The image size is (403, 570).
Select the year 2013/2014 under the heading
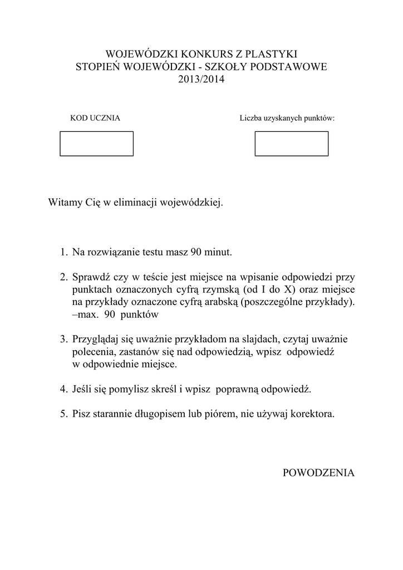pos(201,80)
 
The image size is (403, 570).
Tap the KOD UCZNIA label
pos(95,118)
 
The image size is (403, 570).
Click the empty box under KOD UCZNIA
pos(97,144)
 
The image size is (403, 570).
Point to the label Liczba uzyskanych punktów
pos(287,118)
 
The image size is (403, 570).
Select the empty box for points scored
pos(291,144)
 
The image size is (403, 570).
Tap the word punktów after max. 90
pos(142,315)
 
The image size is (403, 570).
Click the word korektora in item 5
pos(314,414)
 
